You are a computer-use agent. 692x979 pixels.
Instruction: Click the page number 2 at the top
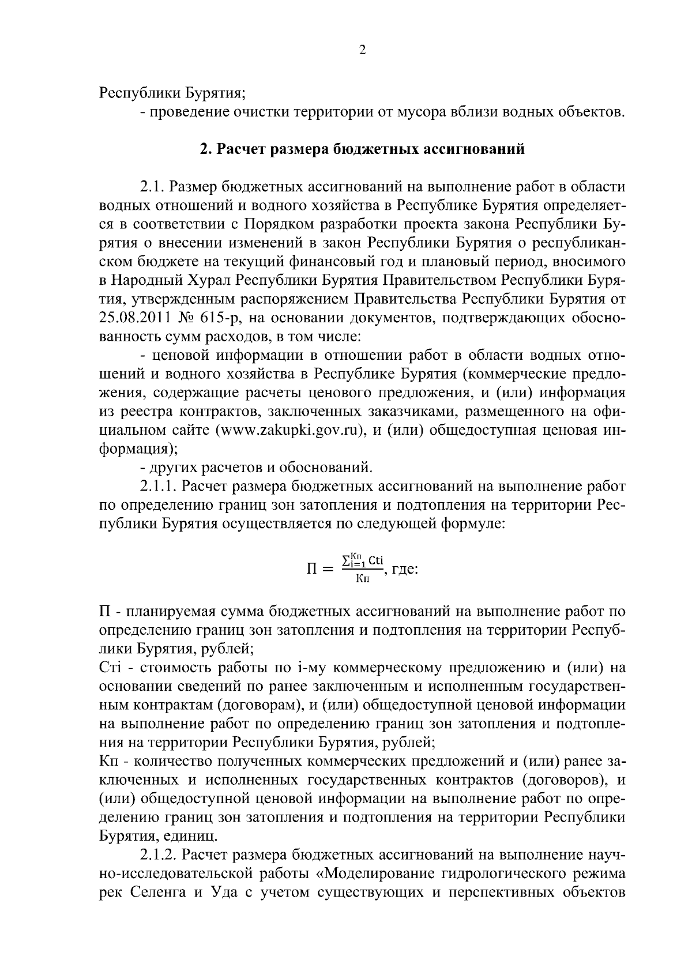coord(362,50)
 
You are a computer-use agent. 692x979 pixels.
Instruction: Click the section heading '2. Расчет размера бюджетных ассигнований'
coord(362,149)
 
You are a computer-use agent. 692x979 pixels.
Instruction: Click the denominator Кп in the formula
coord(362,579)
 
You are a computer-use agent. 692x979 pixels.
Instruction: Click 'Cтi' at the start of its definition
coord(109,668)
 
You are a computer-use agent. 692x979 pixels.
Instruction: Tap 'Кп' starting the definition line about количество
coord(109,761)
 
